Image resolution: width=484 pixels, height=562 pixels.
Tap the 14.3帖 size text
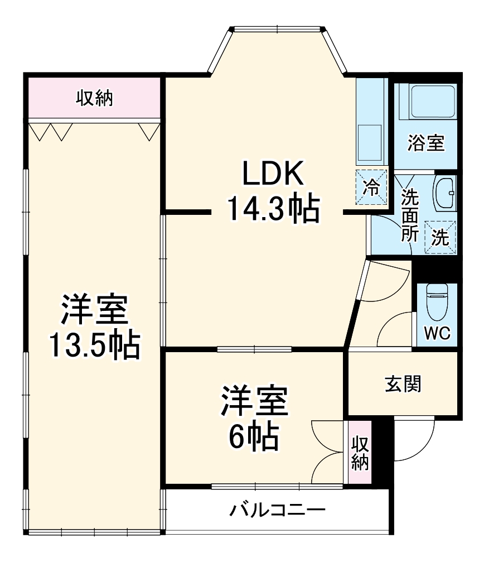(273, 209)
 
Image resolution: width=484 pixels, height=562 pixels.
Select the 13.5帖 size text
(94, 345)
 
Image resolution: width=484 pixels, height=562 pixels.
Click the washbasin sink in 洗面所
(444, 192)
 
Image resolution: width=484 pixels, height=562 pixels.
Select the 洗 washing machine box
(440, 237)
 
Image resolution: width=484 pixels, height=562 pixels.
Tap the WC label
(437, 333)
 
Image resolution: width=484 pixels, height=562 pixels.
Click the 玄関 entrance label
(403, 384)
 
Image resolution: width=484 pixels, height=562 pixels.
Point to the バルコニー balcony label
(277, 510)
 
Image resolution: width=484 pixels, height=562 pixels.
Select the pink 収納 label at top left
(94, 98)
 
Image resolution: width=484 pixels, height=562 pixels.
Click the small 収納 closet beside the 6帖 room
(360, 453)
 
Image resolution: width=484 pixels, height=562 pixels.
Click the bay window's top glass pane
(278, 28)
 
